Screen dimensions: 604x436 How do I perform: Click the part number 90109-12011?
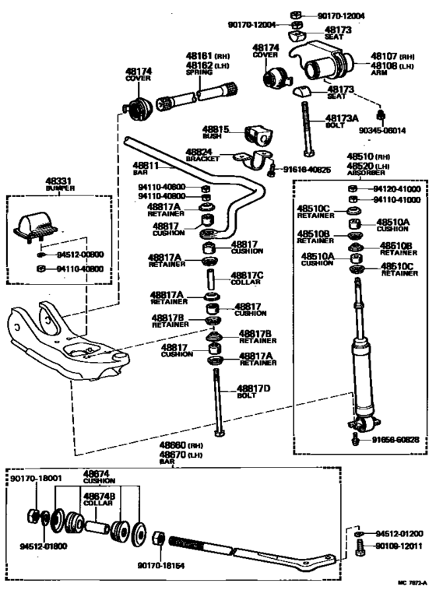click(x=399, y=548)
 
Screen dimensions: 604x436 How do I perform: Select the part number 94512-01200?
click(x=399, y=534)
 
